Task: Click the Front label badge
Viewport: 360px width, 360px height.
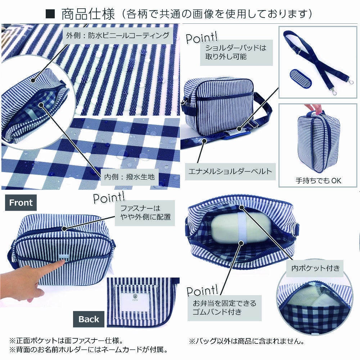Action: pyautogui.click(x=21, y=202)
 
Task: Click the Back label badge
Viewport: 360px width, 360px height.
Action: pyautogui.click(x=89, y=319)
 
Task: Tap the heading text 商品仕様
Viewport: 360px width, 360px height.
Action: pyautogui.click(x=88, y=14)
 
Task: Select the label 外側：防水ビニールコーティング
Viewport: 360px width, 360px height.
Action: pyautogui.click(x=118, y=35)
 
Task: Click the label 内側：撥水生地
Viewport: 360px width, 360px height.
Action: pyautogui.click(x=130, y=177)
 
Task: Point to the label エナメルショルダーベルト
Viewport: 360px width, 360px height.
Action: pyautogui.click(x=230, y=171)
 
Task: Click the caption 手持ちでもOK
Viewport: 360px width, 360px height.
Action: pyautogui.click(x=318, y=181)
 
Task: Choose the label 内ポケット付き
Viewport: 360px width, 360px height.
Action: pyautogui.click(x=315, y=268)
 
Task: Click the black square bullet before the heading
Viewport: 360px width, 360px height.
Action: pyautogui.click(x=50, y=14)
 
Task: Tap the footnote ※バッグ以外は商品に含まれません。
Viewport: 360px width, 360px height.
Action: pyautogui.click(x=247, y=341)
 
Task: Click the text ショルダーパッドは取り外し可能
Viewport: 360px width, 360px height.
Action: pyautogui.click(x=236, y=52)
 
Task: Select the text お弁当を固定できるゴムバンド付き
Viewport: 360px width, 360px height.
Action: pyautogui.click(x=224, y=308)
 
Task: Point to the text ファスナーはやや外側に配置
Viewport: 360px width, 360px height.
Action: pyautogui.click(x=145, y=213)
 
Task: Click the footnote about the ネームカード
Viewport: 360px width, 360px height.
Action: pyautogui.click(x=89, y=350)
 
